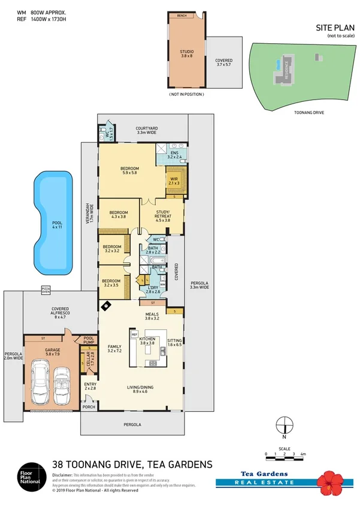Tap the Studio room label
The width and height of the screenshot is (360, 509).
(187, 54)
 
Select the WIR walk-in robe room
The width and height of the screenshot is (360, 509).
(176, 180)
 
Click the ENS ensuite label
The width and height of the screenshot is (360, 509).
(174, 155)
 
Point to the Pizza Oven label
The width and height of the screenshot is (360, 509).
(46, 290)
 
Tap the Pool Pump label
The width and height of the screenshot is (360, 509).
(89, 340)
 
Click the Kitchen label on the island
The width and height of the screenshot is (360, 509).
(147, 341)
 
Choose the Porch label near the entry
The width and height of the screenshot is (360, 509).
(89, 407)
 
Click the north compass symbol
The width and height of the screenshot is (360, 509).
(285, 426)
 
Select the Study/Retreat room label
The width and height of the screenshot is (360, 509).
(163, 216)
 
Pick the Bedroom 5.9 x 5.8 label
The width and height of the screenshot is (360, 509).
(130, 171)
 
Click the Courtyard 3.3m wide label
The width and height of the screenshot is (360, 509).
(146, 130)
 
